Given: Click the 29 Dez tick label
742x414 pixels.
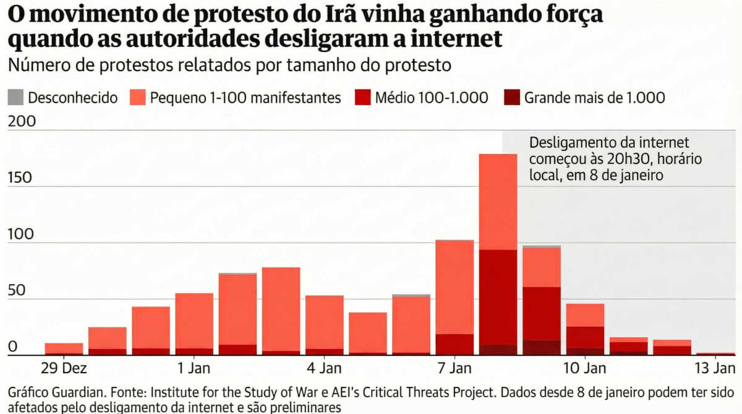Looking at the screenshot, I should tap(65, 369).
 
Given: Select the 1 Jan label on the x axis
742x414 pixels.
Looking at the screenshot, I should tap(194, 369).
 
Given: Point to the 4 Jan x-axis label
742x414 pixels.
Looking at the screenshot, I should tap(323, 369).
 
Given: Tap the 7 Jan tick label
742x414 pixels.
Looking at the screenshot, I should tap(454, 369).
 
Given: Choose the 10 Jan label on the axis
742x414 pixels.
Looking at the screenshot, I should tap(585, 369).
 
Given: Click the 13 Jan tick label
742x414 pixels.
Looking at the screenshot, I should tap(714, 369).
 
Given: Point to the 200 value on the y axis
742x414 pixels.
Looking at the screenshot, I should tap(22, 122).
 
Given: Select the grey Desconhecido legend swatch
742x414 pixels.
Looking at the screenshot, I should tap(16, 97).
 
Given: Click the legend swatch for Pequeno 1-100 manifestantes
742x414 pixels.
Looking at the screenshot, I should tap(137, 97).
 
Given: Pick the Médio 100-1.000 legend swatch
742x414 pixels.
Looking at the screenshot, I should tap(363, 97).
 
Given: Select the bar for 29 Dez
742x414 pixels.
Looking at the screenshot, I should tap(64, 349).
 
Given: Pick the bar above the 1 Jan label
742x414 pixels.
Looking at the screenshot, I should tap(194, 324).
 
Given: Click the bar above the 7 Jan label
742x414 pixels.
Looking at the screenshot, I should tap(454, 297).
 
